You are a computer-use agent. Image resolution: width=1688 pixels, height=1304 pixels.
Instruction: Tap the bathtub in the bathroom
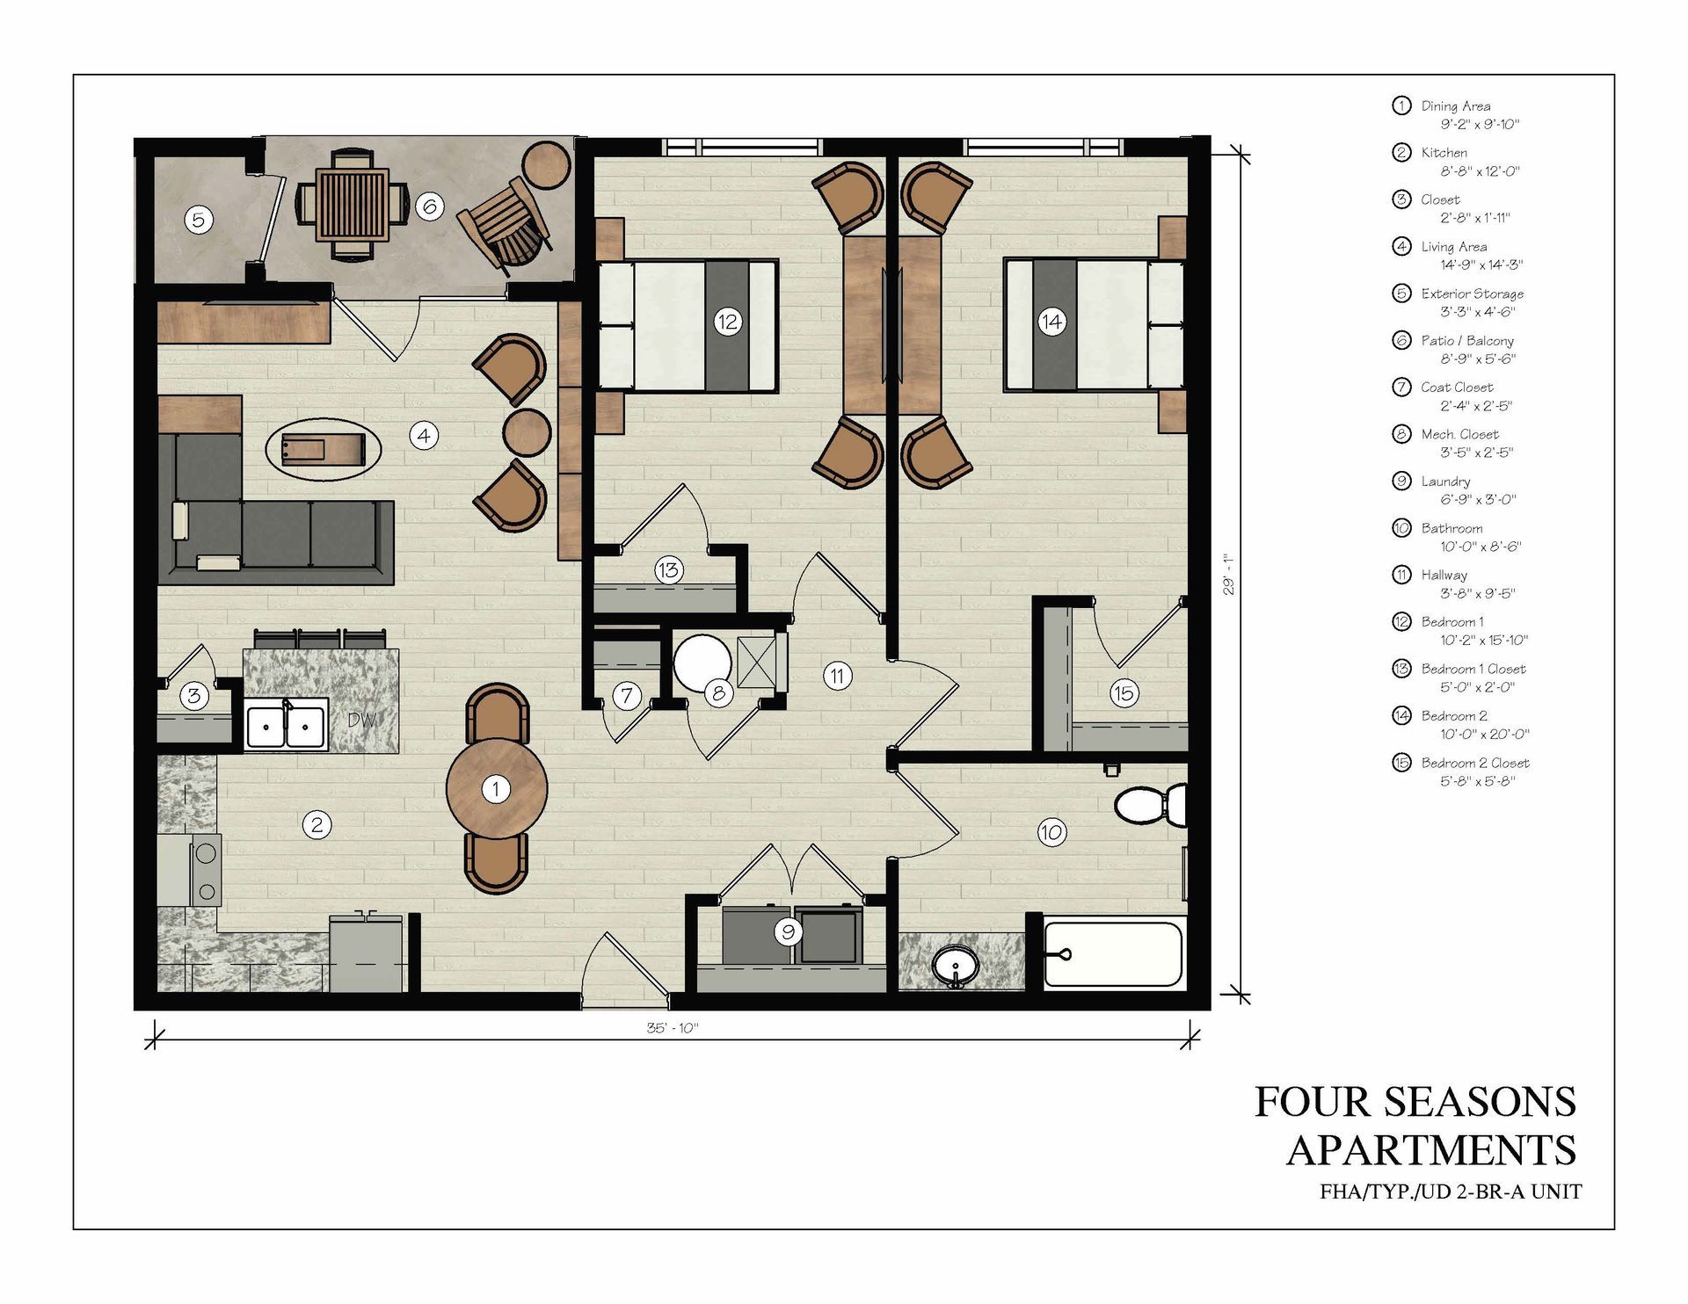click(1113, 953)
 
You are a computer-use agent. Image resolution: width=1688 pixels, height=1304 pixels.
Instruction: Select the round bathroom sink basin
click(956, 967)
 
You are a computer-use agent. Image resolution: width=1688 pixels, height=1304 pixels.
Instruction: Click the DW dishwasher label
click(362, 720)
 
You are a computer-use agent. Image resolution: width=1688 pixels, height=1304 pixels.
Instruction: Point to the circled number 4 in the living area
click(424, 435)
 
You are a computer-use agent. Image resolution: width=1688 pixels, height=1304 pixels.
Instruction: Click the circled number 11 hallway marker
click(837, 676)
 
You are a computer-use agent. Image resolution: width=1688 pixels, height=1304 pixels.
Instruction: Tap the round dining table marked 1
click(497, 789)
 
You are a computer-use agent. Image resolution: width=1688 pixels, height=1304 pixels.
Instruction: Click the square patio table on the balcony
click(353, 205)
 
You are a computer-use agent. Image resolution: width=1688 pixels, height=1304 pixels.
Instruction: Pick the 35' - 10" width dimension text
click(673, 1028)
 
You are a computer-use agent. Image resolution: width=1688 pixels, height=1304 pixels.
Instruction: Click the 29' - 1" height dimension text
click(1229, 574)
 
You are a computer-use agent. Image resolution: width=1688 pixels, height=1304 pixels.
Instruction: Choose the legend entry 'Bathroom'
click(1452, 528)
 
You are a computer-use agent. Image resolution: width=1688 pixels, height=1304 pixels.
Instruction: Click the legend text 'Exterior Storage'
click(1473, 293)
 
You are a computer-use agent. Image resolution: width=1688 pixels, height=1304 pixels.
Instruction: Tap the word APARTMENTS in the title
click(1431, 1150)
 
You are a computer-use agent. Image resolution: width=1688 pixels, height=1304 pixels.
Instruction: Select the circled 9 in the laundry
click(788, 932)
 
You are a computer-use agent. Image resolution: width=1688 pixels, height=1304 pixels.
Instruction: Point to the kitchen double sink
click(286, 726)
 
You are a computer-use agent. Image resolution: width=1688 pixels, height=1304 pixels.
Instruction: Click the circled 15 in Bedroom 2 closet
click(1124, 693)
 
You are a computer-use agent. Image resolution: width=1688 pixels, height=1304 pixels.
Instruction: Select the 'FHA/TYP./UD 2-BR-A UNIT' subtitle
click(1451, 1192)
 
